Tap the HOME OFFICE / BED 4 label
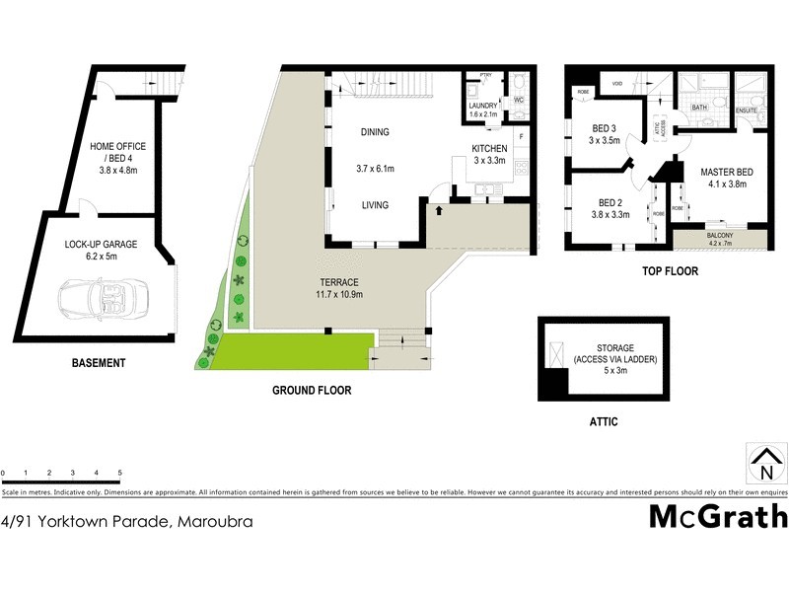tap(112, 153)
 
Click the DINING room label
tap(375, 132)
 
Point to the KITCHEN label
tap(489, 148)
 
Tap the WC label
tap(518, 100)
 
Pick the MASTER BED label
tap(726, 173)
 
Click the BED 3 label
tap(606, 128)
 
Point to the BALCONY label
tap(720, 236)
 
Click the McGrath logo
tap(717, 517)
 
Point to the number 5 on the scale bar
tap(119, 474)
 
